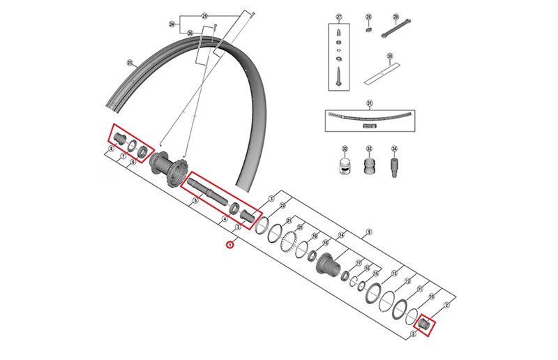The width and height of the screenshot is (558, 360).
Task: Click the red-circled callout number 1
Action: pos(228,245)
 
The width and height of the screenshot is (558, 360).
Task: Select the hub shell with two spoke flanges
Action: pos(168,168)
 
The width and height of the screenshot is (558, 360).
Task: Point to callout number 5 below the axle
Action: pos(196,201)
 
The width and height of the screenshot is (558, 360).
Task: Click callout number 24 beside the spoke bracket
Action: pos(172,24)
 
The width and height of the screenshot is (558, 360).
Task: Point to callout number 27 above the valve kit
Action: pos(339,16)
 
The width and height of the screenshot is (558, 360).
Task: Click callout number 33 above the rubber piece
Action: pos(369,149)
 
